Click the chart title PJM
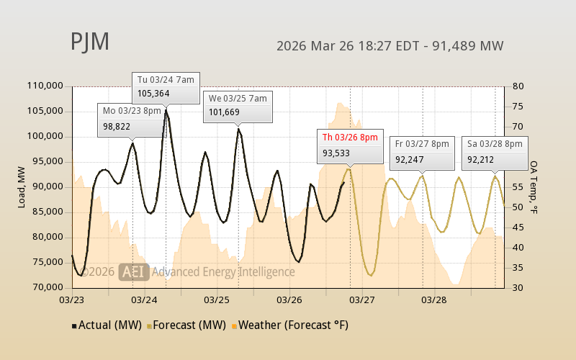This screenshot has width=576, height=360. [x=90, y=42]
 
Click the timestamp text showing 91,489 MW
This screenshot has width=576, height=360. [x=390, y=46]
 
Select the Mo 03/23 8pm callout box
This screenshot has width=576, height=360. [x=131, y=119]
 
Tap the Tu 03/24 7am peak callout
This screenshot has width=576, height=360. [x=166, y=86]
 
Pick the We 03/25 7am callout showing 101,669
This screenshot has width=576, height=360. [x=238, y=105]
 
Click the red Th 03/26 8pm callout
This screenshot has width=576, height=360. [x=349, y=145]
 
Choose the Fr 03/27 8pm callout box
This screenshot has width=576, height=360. [x=422, y=151]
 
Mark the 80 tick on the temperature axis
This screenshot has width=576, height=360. [x=517, y=86]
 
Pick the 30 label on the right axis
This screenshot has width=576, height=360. [x=517, y=287]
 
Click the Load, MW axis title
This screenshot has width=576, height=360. [x=22, y=186]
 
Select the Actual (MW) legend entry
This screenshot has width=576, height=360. [x=108, y=325]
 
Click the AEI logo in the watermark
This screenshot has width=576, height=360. [x=135, y=271]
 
